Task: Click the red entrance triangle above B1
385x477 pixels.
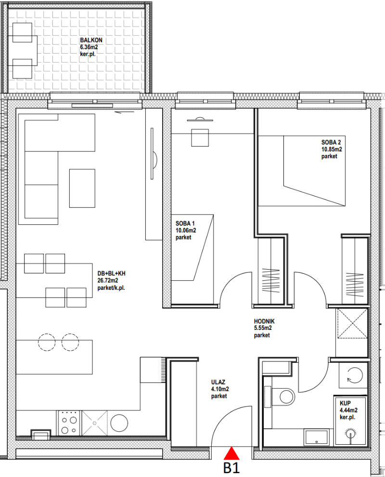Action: (x=231, y=453)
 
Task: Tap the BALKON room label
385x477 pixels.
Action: (x=91, y=40)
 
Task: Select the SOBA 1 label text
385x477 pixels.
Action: (x=185, y=224)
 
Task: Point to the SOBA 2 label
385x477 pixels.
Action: (x=331, y=142)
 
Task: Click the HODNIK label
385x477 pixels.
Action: (x=264, y=321)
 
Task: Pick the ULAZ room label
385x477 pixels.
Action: (x=218, y=382)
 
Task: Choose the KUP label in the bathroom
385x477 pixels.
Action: (x=345, y=403)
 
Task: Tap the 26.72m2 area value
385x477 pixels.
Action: (x=107, y=281)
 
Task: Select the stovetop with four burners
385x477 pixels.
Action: (x=69, y=423)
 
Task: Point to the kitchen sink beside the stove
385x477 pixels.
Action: (x=95, y=423)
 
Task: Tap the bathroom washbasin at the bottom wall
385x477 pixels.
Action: (x=316, y=437)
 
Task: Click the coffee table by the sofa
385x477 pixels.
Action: (x=82, y=188)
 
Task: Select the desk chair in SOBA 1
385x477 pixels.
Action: (x=200, y=137)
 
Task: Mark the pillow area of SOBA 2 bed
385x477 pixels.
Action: (x=270, y=171)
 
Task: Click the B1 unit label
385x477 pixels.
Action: (x=231, y=468)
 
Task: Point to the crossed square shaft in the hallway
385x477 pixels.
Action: (x=352, y=323)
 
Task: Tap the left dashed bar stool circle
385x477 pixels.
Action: (x=47, y=342)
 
